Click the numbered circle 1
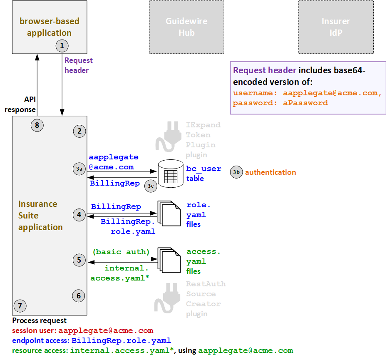pyautogui.click(x=62, y=45)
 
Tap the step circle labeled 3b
pyautogui.click(x=236, y=172)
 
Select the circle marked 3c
pyautogui.click(x=150, y=186)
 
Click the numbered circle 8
pyautogui.click(x=37, y=124)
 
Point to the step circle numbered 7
pyautogui.click(x=20, y=306)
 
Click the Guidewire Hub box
pyautogui.click(x=186, y=27)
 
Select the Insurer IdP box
pyautogui.click(x=336, y=27)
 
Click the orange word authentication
pyautogui.click(x=270, y=172)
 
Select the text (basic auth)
pyautogui.click(x=121, y=251)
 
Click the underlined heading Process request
pyautogui.click(x=39, y=320)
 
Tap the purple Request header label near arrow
pyautogui.click(x=78, y=65)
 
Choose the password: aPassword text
pyautogui.click(x=280, y=103)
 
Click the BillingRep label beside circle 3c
pyautogui.click(x=115, y=183)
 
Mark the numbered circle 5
pyautogui.click(x=79, y=261)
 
